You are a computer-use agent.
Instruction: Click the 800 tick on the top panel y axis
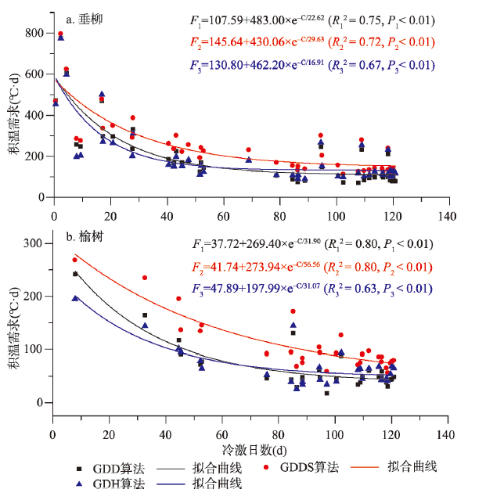click(34, 34)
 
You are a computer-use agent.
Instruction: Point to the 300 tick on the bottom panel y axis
click(34, 243)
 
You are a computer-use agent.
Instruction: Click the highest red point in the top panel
click(60, 34)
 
